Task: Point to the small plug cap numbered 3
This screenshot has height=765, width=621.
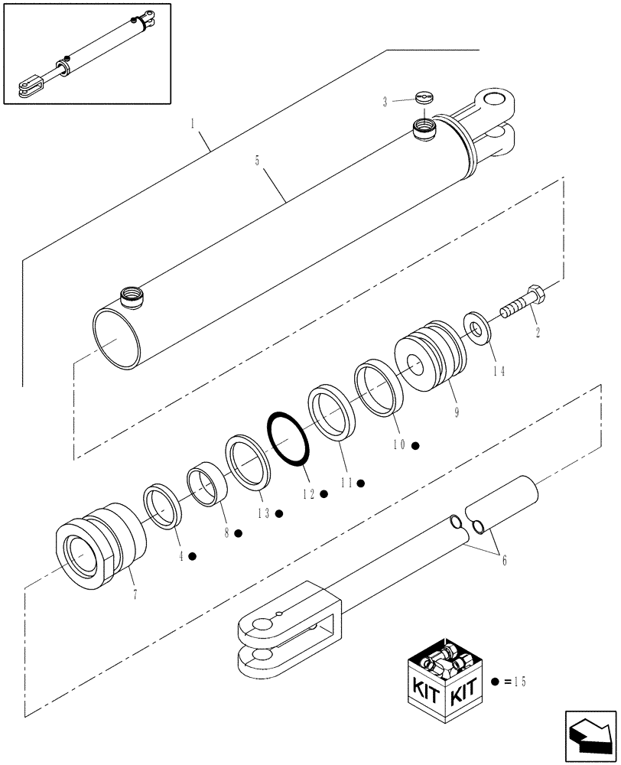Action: tap(423, 98)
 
